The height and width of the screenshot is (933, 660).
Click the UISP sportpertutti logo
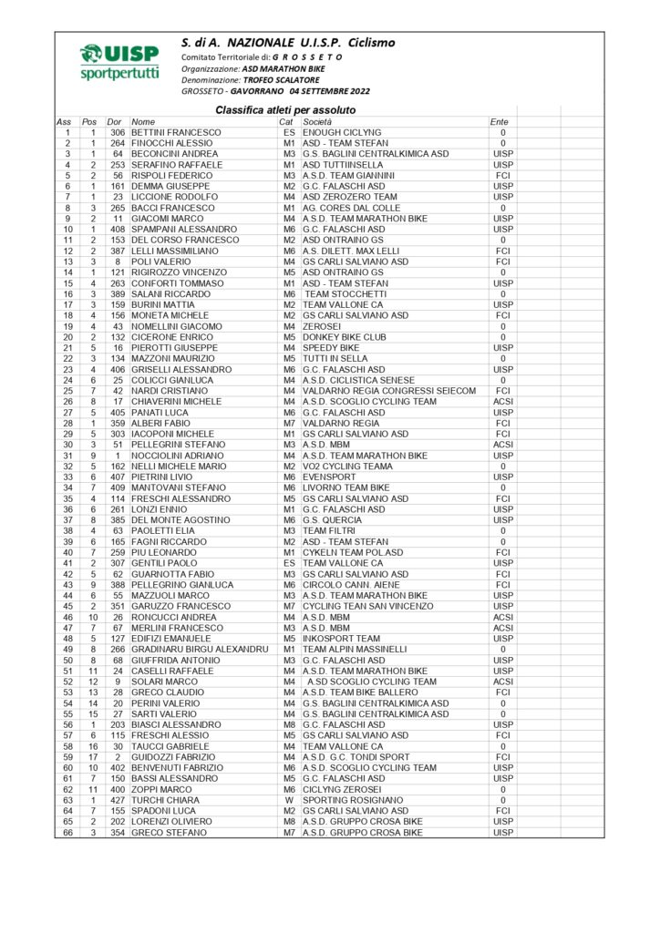coord(119,62)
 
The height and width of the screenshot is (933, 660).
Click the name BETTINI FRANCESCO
coord(176,133)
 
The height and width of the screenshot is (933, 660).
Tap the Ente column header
coord(500,122)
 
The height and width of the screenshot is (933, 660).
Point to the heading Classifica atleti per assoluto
coord(285,110)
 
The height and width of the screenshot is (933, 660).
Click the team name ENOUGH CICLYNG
coord(342,133)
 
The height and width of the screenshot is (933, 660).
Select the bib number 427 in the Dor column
coord(116,800)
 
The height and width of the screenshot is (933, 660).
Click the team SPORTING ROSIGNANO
coord(353,800)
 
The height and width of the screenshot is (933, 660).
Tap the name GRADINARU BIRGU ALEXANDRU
coord(200,650)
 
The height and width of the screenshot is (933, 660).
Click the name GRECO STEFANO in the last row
coord(170,833)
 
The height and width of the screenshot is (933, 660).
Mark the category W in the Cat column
coord(289,800)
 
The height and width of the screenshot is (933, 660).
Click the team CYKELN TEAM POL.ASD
coord(353,553)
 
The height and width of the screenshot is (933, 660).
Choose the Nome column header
coord(144,122)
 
